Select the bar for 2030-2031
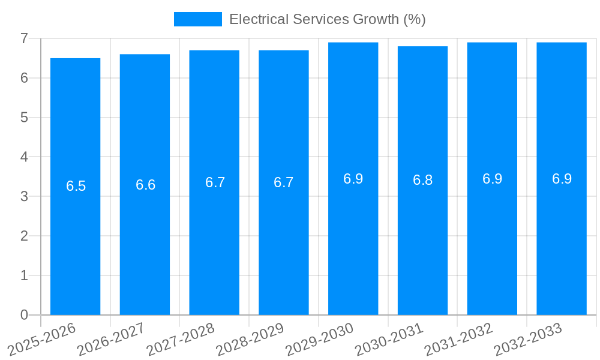(422, 240)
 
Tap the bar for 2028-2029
(283, 240)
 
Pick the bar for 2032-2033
(562, 240)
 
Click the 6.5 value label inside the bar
(76, 186)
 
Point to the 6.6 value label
(145, 185)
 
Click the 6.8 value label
(422, 181)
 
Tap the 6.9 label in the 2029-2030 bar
(353, 179)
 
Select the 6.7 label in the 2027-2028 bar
(215, 182)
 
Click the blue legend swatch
(197, 19)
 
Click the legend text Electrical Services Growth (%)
(327, 19)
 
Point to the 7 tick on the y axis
(24, 38)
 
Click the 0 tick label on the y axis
(24, 315)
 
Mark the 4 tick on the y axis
(24, 157)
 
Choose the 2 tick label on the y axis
(24, 236)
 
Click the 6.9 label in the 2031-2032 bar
(492, 179)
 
